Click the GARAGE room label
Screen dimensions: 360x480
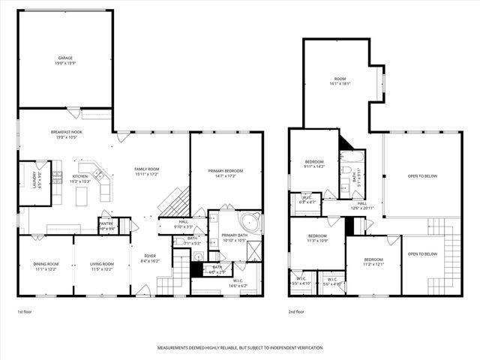[65, 58]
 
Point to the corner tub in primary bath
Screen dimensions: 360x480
[248, 222]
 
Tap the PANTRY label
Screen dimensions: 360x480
[106, 223]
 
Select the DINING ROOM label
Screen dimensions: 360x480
[45, 264]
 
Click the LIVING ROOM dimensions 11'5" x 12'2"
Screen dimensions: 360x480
[102, 268]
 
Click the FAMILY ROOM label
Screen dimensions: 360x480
[147, 169]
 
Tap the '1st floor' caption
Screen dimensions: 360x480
[25, 311]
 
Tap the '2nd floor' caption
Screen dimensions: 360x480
[296, 311]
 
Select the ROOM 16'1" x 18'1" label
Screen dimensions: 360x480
[340, 79]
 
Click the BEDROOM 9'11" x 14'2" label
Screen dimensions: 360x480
[314, 162]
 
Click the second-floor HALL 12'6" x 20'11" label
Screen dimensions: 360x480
[361, 203]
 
